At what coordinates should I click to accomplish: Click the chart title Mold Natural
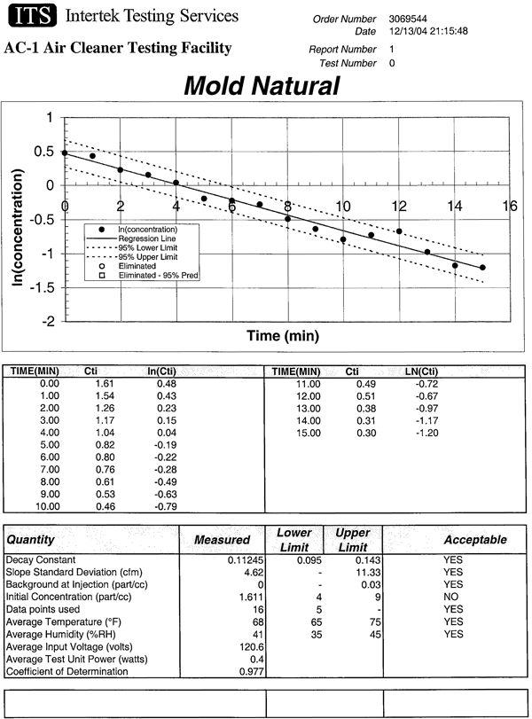262,85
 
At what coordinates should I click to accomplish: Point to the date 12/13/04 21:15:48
429,31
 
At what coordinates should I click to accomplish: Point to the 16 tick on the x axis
509,206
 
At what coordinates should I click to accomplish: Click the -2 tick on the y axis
51,321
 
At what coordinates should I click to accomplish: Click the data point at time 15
482,268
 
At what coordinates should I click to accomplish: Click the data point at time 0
65,152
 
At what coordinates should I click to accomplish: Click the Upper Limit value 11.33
368,573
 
